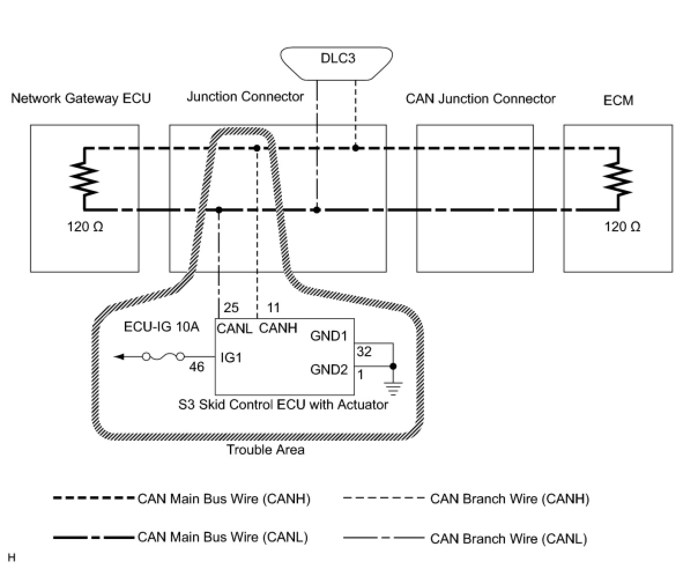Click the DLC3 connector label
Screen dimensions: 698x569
coord(337,58)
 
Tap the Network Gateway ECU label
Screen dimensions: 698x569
coord(81,98)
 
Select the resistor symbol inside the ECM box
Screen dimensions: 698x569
coord(618,180)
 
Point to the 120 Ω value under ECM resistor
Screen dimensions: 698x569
coord(622,227)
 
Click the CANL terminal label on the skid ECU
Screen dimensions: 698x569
coord(235,328)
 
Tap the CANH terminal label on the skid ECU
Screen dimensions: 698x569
coord(278,328)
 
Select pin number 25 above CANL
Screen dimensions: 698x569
coord(231,307)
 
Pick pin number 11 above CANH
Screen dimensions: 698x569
coord(273,308)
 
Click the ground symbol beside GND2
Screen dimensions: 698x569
coord(393,389)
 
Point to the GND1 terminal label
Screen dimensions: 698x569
coord(328,336)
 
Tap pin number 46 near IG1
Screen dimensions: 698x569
coord(196,367)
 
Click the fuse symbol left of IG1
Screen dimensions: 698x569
coord(163,356)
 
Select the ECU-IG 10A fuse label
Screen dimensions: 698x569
coord(162,327)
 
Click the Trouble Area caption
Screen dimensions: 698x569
coord(265,450)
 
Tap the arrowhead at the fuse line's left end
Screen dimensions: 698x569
coord(118,356)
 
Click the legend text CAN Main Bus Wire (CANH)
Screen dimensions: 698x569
coord(224,499)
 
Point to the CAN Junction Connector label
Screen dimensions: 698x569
coord(480,99)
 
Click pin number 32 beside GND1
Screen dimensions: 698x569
coord(364,351)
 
